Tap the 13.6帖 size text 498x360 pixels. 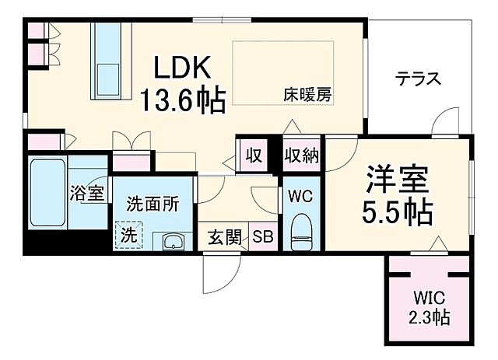(183, 100)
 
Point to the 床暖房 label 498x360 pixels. (307, 96)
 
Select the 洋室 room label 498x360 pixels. (398, 181)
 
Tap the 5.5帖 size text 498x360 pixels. (398, 212)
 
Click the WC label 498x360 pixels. (300, 196)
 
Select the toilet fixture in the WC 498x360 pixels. (300, 232)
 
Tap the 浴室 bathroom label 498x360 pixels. (86, 193)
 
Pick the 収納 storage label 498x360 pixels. (301, 156)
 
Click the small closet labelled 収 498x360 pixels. (254, 154)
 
